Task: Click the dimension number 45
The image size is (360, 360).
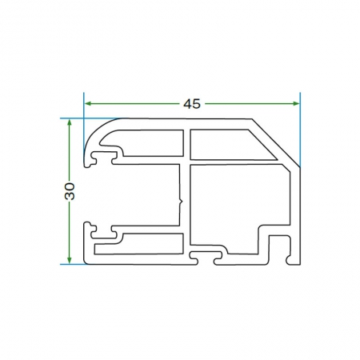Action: (192, 104)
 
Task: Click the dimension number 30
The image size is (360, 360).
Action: (70, 191)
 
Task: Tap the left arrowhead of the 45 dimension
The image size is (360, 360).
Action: (88, 104)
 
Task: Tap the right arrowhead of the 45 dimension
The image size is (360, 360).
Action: (296, 104)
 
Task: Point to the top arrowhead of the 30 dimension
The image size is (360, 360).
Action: (70, 123)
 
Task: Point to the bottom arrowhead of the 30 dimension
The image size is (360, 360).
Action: (70, 260)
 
